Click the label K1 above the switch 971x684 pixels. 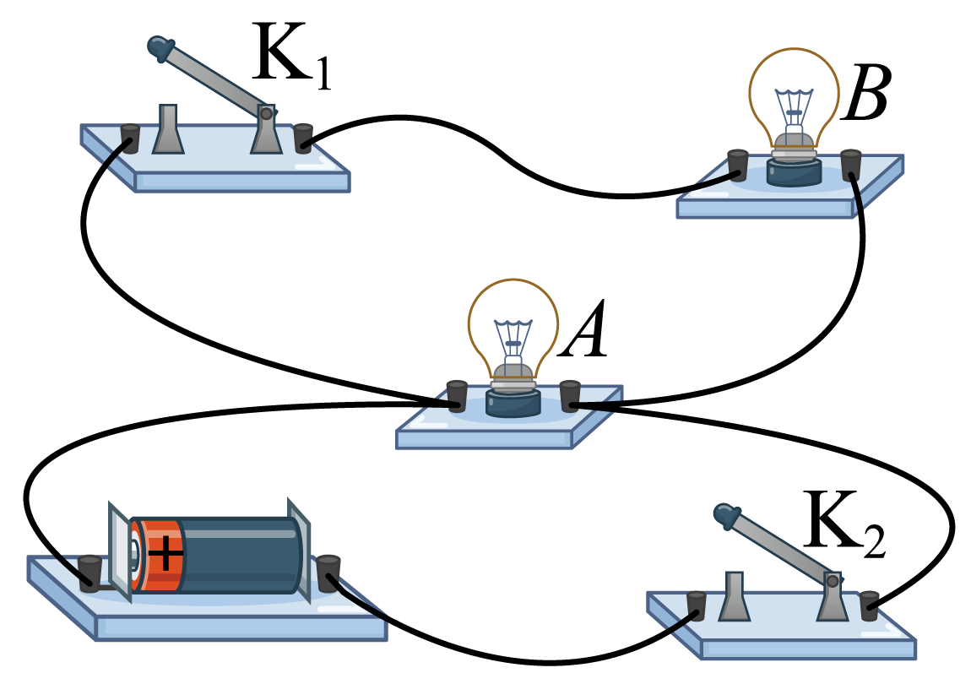(291, 56)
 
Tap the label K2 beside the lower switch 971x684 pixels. (844, 524)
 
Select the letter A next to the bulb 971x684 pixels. (583, 329)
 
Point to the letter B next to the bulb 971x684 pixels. (865, 92)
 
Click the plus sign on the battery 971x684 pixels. (165, 552)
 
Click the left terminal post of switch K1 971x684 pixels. (129, 138)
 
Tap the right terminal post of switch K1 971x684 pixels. (303, 138)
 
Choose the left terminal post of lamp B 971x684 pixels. (738, 165)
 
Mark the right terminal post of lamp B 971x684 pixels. (851, 165)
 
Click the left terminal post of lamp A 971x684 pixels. (457, 396)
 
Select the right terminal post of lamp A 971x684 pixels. (570, 396)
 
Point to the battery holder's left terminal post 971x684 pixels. (90, 573)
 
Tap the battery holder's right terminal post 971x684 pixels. (328, 573)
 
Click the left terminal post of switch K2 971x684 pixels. (697, 606)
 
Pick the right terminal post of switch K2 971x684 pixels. (870, 606)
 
